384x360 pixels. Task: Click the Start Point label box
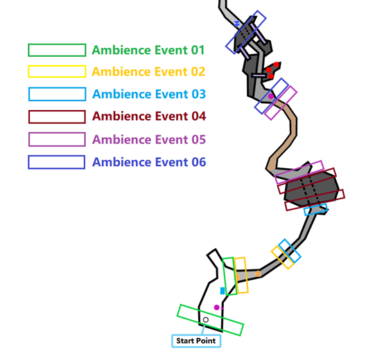click(x=196, y=341)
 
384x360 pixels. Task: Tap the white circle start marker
click(x=206, y=320)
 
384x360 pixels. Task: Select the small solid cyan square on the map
click(x=222, y=291)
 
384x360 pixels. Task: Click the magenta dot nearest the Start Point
click(x=217, y=307)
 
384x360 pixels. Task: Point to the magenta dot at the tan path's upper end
click(x=270, y=96)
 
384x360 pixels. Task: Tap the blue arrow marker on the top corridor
click(x=237, y=24)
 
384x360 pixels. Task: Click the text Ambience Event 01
click(x=148, y=50)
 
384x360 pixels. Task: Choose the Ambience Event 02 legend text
click(x=148, y=72)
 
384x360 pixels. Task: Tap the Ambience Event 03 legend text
click(x=149, y=94)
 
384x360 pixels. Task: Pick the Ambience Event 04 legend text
click(x=149, y=116)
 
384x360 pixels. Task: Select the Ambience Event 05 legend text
click(x=149, y=140)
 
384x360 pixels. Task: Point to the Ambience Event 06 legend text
click(x=149, y=162)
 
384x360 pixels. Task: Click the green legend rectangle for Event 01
click(x=57, y=44)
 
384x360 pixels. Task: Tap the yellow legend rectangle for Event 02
click(x=57, y=66)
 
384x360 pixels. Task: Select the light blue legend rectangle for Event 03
click(x=57, y=88)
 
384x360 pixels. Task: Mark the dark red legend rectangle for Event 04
click(x=57, y=111)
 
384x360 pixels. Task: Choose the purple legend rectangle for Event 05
click(x=57, y=134)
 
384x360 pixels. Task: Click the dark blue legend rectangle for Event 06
click(x=57, y=156)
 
